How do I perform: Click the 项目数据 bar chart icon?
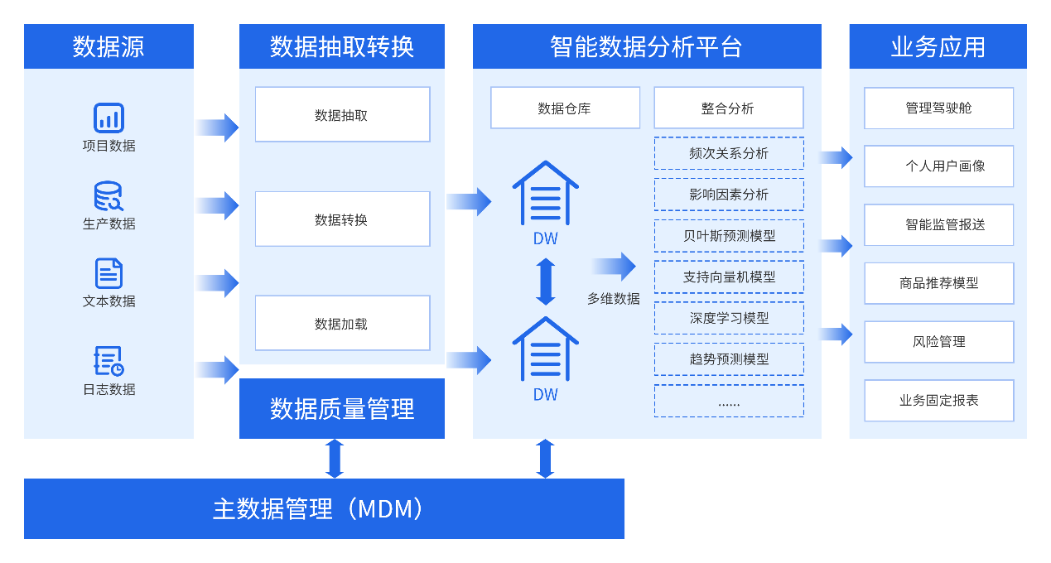tap(108, 118)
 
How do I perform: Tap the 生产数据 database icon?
tap(108, 196)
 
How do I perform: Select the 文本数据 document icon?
tap(108, 273)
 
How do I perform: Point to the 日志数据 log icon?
tap(108, 361)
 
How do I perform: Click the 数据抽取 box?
tap(342, 115)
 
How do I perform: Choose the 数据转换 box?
tap(342, 219)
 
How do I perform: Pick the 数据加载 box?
tap(342, 324)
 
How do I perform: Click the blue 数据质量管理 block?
tap(342, 408)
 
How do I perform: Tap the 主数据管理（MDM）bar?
tap(324, 508)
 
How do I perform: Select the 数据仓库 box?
tap(565, 108)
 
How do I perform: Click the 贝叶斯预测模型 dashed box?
tap(729, 236)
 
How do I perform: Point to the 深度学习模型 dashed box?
tap(729, 318)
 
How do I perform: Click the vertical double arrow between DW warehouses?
tap(545, 281)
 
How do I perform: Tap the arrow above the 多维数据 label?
tap(614, 267)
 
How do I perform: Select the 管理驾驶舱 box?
tap(938, 108)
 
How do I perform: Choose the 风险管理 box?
tap(938, 342)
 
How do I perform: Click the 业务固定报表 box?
tap(938, 401)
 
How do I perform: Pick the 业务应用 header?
tap(938, 46)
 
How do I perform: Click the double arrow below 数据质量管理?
tap(335, 459)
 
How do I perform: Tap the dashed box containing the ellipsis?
tap(729, 402)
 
